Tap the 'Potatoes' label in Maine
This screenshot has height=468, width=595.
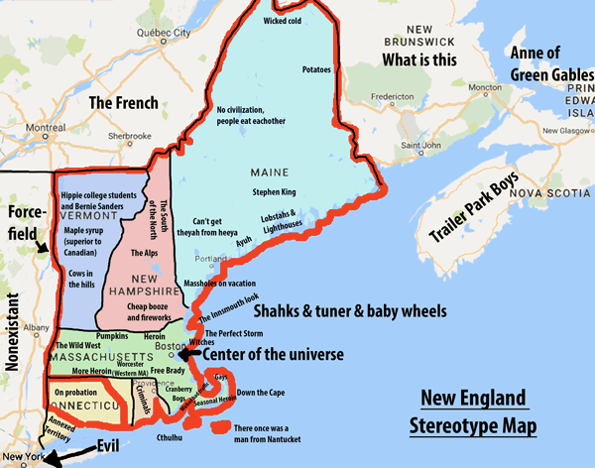316,71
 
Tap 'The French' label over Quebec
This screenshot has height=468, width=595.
123,102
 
